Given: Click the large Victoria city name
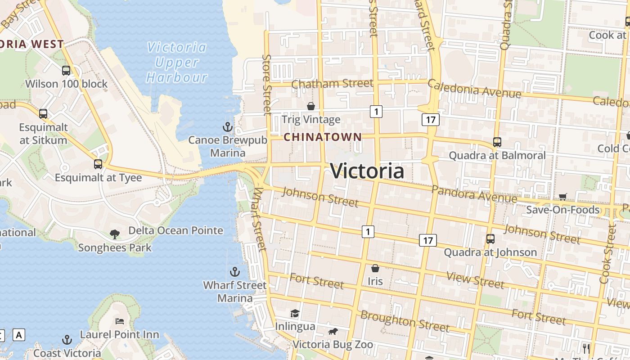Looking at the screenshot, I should (367, 171).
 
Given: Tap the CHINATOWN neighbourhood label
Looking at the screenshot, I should (323, 137).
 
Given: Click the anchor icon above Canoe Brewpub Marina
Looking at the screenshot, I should (228, 126).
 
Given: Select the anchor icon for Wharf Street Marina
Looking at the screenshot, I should (234, 272).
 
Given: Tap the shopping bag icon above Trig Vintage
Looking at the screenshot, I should (310, 106).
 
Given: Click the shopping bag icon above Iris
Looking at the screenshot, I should (375, 268).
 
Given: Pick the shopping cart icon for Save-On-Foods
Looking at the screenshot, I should (562, 196).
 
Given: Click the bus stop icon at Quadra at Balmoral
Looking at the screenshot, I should (497, 142).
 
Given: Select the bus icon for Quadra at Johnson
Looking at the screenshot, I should (490, 239).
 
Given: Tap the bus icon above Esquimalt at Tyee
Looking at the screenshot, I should (98, 164).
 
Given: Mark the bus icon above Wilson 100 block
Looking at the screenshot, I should (66, 70).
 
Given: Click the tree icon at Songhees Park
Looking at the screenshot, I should (115, 234).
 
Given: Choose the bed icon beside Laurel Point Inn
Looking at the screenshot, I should (120, 321).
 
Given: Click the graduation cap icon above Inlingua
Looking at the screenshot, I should (295, 313).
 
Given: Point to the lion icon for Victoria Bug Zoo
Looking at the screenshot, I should (333, 332).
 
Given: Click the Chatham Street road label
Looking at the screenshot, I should (332, 84).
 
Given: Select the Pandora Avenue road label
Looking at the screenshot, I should (474, 193).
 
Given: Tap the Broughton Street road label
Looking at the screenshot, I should (405, 321).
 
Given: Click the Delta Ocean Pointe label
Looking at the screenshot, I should (175, 230).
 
